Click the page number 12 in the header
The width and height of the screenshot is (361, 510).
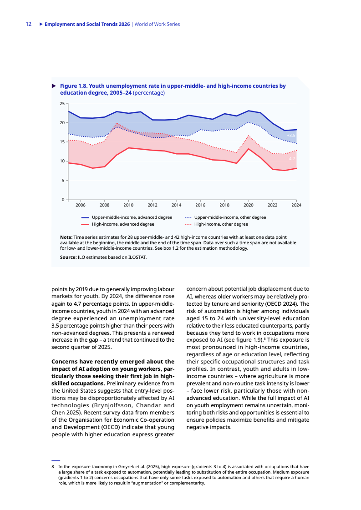coord(28,24)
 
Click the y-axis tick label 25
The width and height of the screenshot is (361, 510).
coord(62,104)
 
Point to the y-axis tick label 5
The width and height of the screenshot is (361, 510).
coord(63,181)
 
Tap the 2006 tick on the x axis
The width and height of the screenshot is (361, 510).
coord(80,205)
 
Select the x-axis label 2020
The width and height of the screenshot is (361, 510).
coord(249,205)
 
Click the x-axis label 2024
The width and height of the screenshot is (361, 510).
coord(296,205)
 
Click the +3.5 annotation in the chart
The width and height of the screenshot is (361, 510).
coord(291,136)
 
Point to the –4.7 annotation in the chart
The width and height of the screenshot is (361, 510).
coord(291,159)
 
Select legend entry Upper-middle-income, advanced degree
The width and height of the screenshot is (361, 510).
coord(132,217)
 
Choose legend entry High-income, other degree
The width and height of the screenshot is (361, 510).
coord(221,224)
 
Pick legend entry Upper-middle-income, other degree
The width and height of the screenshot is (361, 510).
coord(230,217)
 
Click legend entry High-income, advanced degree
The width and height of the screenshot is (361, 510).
coord(123,224)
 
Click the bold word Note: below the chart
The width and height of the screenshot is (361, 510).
coord(66,237)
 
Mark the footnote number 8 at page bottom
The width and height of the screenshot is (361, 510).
coord(53,466)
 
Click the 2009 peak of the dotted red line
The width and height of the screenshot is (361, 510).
coord(117,123)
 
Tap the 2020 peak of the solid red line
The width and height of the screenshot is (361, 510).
coord(249,149)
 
